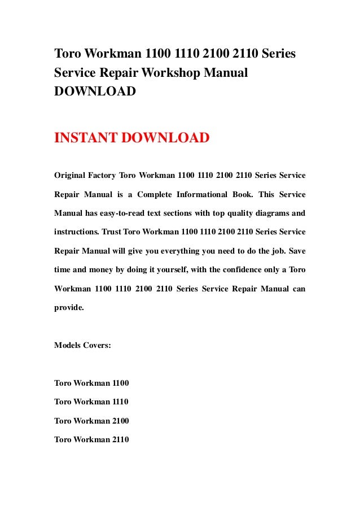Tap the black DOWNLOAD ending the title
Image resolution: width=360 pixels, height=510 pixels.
[x=94, y=91]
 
